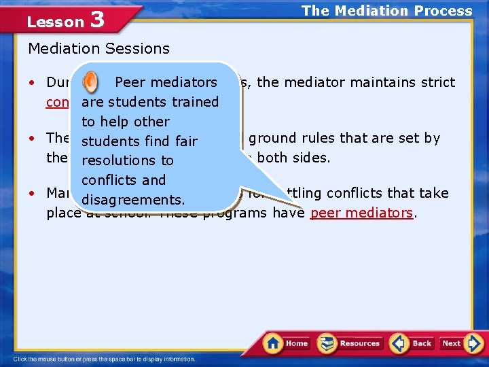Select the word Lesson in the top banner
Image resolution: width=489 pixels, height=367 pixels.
[x=55, y=22]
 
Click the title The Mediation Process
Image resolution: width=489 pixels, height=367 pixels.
[x=386, y=11]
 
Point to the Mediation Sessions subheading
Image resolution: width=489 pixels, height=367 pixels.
[x=98, y=49]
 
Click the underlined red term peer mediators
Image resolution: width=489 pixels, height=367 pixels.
[x=361, y=213]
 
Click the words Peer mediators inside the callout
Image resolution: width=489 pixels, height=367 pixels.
[x=166, y=83]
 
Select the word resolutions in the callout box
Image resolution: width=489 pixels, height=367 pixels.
[x=128, y=161]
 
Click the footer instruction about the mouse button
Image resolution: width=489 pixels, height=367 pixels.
[x=105, y=359]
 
